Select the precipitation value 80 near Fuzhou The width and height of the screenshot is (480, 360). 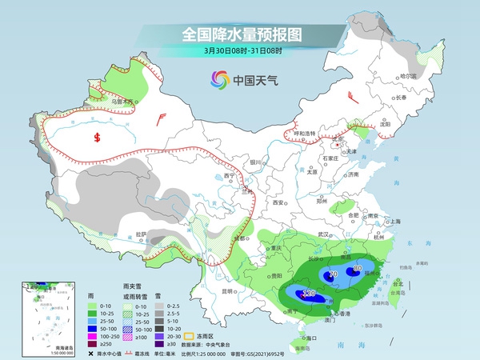click(x=358, y=267)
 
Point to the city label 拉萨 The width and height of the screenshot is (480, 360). click(x=141, y=234)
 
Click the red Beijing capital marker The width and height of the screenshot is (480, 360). click(x=340, y=145)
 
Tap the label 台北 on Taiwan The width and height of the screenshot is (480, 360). click(x=398, y=283)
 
